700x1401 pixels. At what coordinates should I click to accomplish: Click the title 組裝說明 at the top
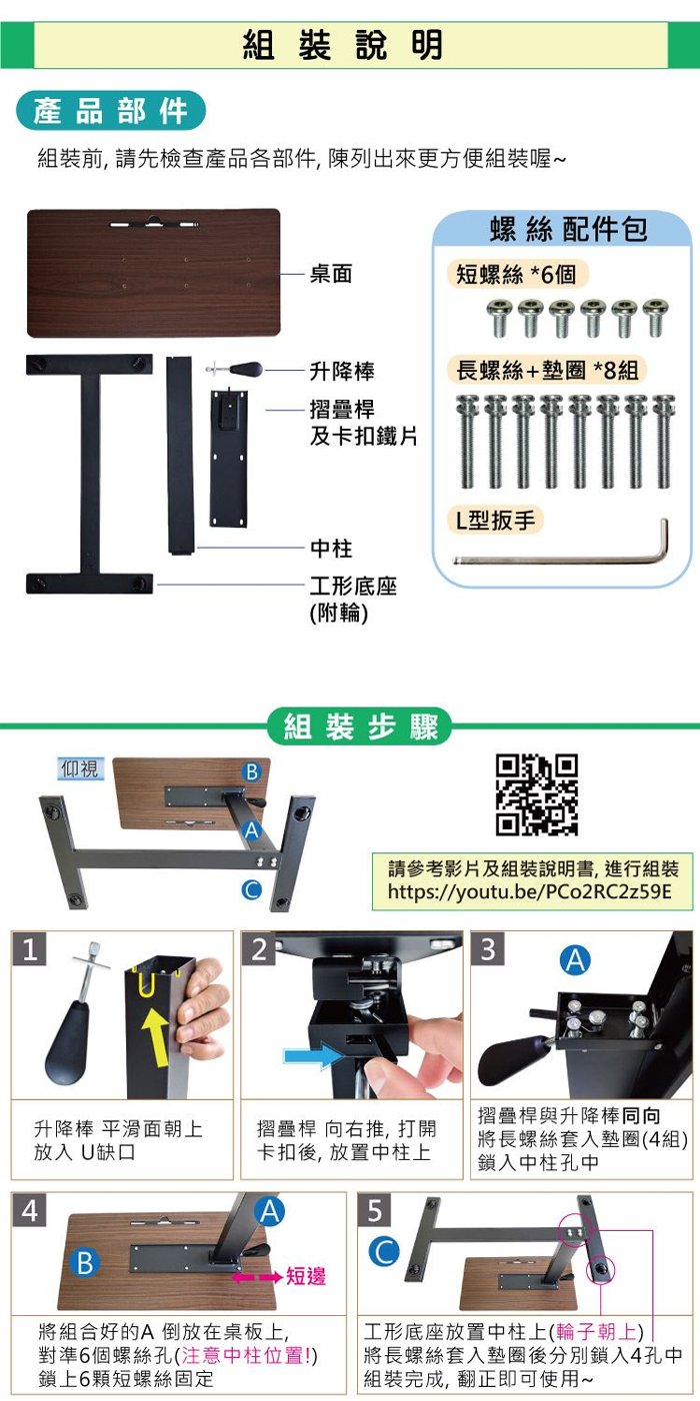click(343, 44)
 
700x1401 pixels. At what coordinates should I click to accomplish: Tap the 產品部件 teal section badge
click(111, 110)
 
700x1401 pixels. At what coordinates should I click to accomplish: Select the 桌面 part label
click(331, 274)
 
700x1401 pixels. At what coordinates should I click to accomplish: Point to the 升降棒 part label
click(342, 371)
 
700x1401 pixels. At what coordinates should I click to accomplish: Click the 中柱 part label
click(331, 548)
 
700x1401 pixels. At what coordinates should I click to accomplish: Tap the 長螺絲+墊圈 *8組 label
click(547, 370)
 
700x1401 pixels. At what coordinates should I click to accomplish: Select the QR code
click(537, 794)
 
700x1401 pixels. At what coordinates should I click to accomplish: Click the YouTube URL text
click(529, 890)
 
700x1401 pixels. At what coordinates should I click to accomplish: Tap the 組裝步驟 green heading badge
click(359, 725)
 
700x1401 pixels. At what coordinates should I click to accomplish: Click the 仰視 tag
click(79, 767)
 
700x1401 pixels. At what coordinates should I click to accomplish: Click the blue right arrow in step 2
click(314, 1056)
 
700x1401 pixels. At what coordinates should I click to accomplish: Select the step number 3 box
click(488, 948)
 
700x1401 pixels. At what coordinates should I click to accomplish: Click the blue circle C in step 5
click(384, 1251)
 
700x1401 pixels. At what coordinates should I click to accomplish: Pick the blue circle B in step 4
click(85, 1263)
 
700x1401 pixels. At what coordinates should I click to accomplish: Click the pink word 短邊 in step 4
click(306, 1276)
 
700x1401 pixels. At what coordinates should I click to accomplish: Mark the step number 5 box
click(374, 1211)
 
